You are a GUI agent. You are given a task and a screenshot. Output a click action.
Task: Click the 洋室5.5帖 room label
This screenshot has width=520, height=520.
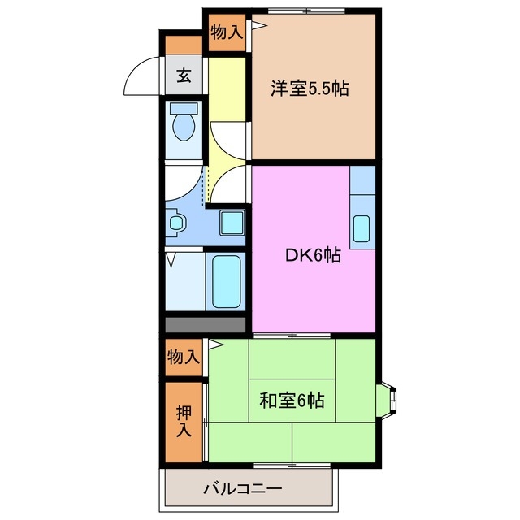310,89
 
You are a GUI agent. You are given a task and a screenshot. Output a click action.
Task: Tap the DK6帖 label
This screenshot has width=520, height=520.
312,254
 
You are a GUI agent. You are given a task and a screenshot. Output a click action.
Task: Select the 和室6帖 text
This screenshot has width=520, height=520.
292,400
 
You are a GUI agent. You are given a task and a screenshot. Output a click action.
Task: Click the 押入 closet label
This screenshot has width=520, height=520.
184,422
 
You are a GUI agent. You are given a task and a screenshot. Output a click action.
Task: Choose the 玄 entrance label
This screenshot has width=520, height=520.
184,77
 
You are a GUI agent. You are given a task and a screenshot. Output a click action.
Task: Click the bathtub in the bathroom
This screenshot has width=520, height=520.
227,281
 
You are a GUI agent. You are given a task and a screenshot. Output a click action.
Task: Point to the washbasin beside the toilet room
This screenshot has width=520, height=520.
175,221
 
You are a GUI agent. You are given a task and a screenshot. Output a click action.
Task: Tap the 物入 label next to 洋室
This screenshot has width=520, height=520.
226,32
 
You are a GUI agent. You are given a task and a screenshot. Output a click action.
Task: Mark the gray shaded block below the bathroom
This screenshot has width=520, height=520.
205,324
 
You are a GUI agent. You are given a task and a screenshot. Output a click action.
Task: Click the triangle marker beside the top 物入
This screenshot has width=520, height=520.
255,24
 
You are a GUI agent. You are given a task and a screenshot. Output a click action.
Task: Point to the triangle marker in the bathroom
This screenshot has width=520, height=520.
172,260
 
